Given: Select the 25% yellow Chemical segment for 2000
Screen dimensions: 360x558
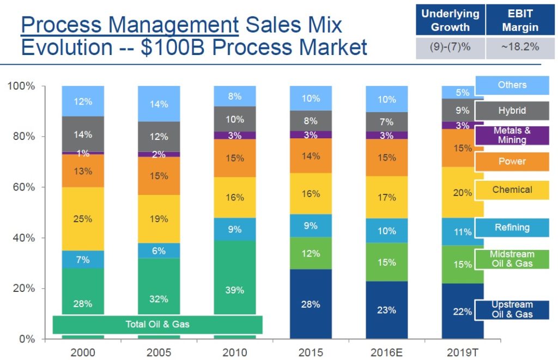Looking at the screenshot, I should click(x=83, y=219).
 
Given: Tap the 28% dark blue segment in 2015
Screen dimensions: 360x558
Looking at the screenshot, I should click(x=310, y=304).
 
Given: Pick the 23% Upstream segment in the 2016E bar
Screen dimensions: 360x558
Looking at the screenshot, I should click(x=386, y=309).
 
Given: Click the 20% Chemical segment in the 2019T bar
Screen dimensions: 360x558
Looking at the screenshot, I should click(x=463, y=192).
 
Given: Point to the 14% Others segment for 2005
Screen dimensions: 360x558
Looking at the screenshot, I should click(x=159, y=104).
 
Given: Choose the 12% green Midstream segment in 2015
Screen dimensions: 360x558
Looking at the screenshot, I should click(x=310, y=253).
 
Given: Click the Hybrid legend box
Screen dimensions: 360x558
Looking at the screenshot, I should click(x=512, y=111).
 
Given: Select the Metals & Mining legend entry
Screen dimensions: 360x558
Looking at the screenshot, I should click(x=512, y=135).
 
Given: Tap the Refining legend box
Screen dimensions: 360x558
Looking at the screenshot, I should click(x=512, y=228).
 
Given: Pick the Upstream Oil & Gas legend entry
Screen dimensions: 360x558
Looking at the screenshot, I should click(x=512, y=309).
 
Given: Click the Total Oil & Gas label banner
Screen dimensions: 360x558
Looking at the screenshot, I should click(x=157, y=325).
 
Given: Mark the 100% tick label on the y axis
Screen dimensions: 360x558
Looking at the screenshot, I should click(x=21, y=86).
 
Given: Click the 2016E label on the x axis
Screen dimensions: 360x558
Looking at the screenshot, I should click(x=386, y=352).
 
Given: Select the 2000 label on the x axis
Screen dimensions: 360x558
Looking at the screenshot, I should click(x=83, y=352).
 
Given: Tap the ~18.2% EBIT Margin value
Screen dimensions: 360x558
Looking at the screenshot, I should click(x=519, y=47).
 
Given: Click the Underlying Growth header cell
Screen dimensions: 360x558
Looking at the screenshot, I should click(x=450, y=20).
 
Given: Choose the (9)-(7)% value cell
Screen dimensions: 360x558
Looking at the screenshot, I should click(x=450, y=47).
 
